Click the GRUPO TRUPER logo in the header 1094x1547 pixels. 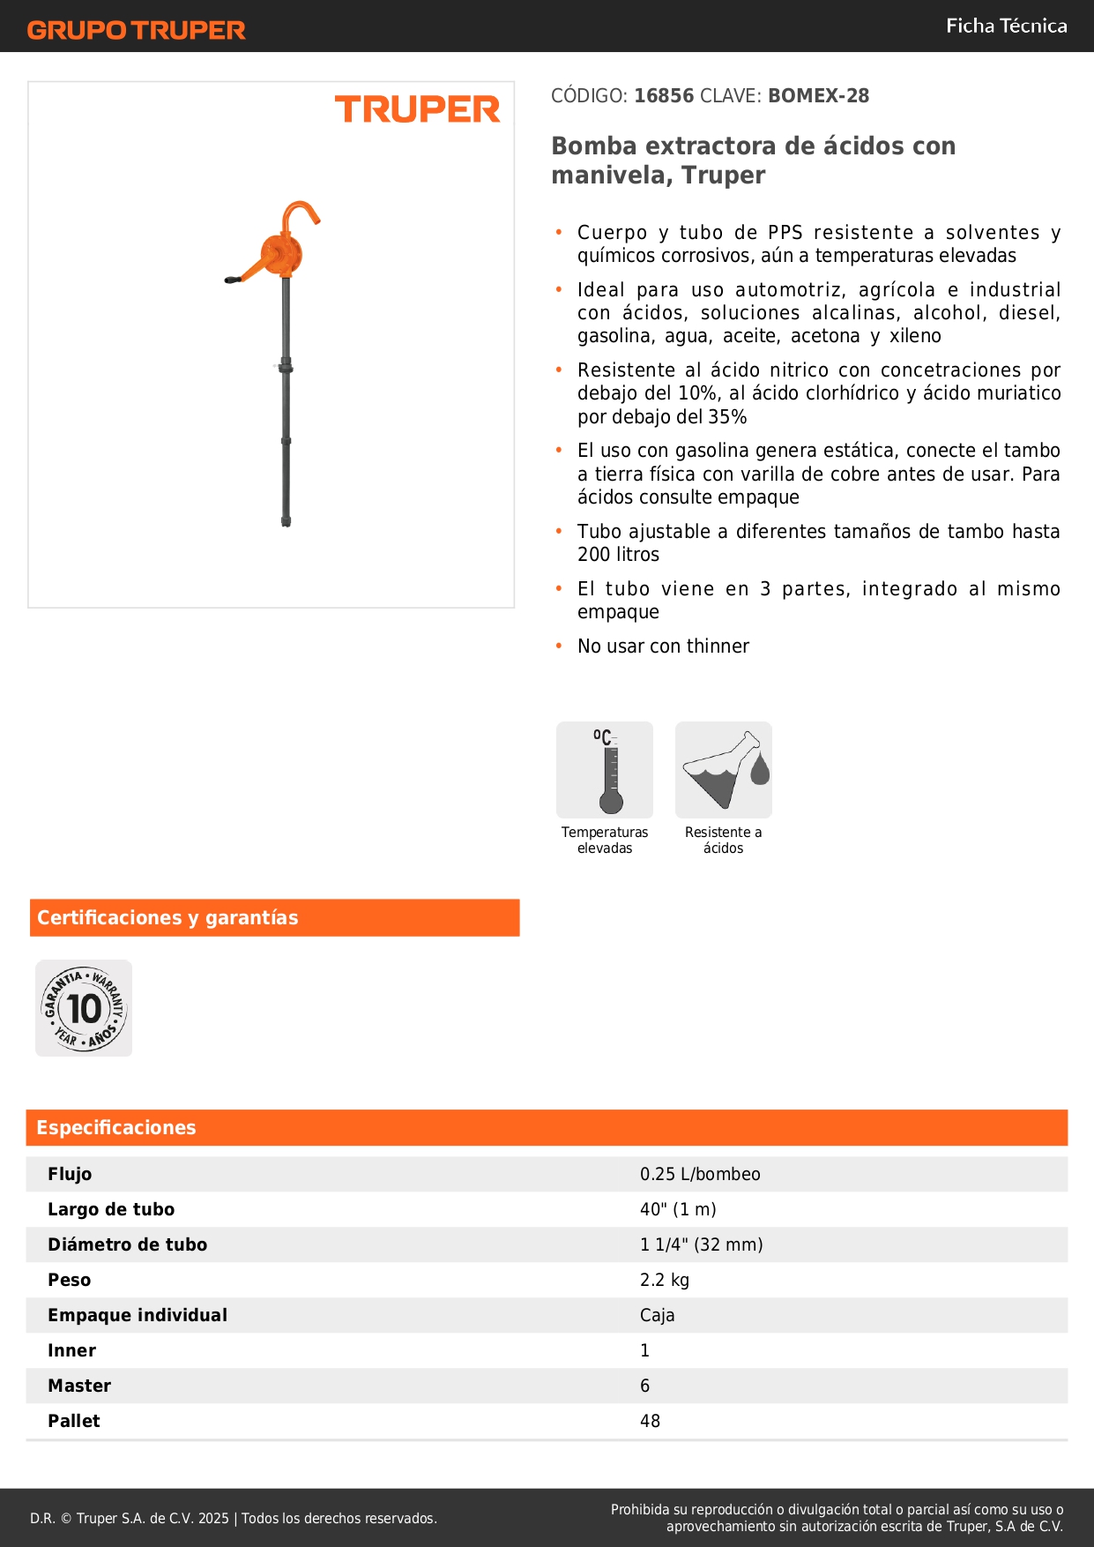click(136, 30)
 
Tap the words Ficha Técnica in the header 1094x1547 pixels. click(1006, 26)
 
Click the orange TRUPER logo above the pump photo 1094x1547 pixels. click(417, 109)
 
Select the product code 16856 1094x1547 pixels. click(664, 96)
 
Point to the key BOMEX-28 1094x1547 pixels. click(818, 96)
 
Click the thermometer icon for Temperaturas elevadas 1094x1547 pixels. click(605, 770)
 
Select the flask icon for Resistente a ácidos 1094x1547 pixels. click(723, 770)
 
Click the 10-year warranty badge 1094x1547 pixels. click(84, 1008)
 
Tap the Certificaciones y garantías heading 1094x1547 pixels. click(167, 918)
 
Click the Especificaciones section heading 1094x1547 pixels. click(116, 1128)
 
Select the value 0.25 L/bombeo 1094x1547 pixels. click(700, 1174)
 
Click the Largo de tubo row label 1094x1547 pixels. click(111, 1209)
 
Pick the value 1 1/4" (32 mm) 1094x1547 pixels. click(701, 1244)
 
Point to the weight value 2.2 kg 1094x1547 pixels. click(665, 1280)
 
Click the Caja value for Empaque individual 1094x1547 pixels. click(657, 1315)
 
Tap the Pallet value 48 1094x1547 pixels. click(650, 1421)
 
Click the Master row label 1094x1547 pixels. click(79, 1386)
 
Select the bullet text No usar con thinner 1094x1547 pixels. click(663, 646)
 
